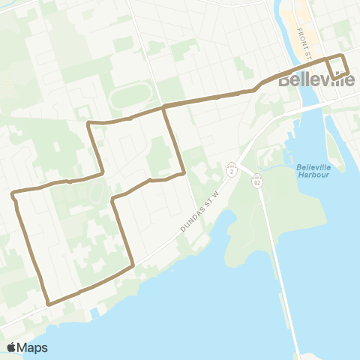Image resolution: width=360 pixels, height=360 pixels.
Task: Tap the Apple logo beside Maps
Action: [x=12, y=347]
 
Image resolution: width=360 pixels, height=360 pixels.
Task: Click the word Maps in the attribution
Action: [x=32, y=347]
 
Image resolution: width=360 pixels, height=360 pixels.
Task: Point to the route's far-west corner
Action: [x=13, y=195]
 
